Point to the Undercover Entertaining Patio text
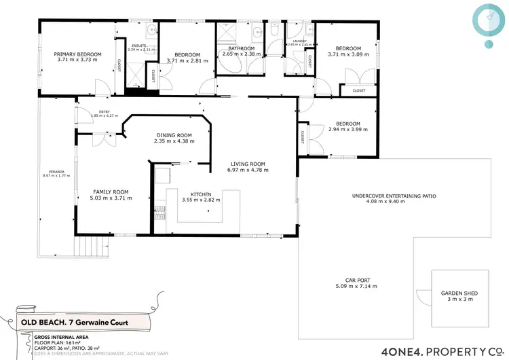coord(394,196)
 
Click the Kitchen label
coord(201,194)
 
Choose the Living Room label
coord(247,164)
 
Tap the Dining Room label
coord(174,135)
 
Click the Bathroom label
coord(241,49)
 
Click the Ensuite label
coord(138,46)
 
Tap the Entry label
coord(104,112)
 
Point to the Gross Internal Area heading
coord(45,336)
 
